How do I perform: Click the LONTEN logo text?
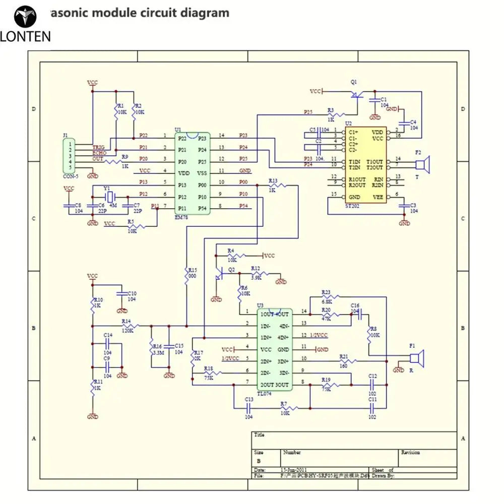[26, 36]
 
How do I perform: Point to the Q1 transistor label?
[353, 82]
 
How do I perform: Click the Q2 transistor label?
[232, 270]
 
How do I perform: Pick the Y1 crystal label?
[107, 187]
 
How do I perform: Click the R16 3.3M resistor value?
[157, 353]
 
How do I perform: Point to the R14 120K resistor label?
[127, 321]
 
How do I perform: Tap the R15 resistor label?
[192, 270]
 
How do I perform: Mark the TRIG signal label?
[98, 147]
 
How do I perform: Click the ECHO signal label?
[99, 153]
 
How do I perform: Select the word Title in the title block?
[260, 435]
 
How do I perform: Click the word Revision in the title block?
[410, 453]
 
